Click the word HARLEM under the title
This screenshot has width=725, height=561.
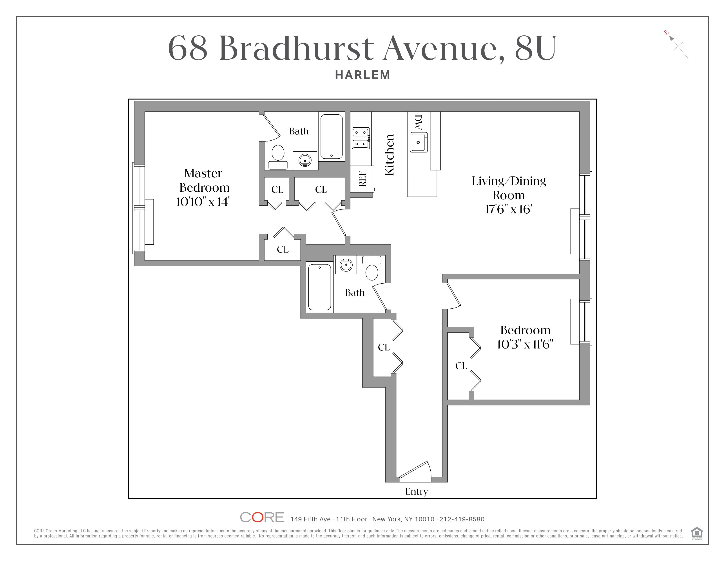coord(362,75)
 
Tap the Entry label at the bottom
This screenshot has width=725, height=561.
coord(416,491)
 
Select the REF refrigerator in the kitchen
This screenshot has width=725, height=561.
coord(362,179)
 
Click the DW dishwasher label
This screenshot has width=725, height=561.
coord(418,122)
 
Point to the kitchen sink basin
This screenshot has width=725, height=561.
coord(418,142)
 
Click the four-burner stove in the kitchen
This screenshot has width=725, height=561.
coord(361,138)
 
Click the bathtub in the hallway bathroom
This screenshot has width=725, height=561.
coord(319,287)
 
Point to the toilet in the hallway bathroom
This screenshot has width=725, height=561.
coord(372,269)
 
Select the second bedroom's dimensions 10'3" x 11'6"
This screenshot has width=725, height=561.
coord(525,344)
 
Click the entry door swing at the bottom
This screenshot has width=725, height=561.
coord(415,471)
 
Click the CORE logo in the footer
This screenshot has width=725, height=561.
coord(262,517)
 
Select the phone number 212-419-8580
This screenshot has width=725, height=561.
coord(462,519)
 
